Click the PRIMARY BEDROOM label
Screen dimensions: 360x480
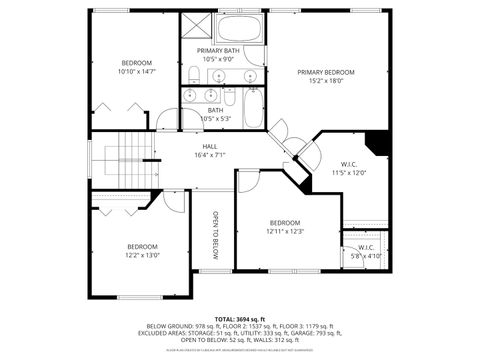pyautogui.click(x=326, y=72)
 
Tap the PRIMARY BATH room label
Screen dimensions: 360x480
pyautogui.click(x=217, y=50)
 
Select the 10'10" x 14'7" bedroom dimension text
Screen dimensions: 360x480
pyautogui.click(x=137, y=72)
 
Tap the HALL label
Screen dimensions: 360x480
pyautogui.click(x=210, y=146)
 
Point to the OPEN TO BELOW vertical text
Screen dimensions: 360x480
pyautogui.click(x=214, y=234)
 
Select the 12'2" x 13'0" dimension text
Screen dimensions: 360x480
pyautogui.click(x=142, y=255)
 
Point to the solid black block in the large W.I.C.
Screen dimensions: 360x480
pyautogui.click(x=377, y=142)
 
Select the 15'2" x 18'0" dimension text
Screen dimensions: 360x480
pyautogui.click(x=326, y=81)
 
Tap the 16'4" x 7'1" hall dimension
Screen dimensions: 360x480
pyautogui.click(x=210, y=155)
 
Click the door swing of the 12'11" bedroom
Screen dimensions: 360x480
pyautogui.click(x=249, y=178)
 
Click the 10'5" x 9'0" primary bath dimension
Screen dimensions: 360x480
pyautogui.click(x=217, y=59)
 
